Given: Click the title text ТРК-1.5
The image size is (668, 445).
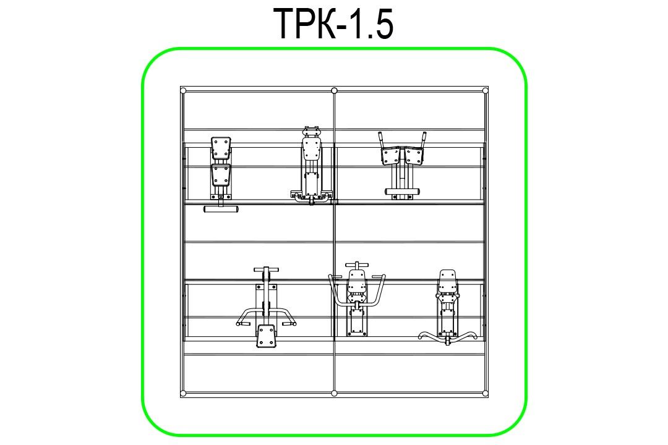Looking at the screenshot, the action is pos(333,24).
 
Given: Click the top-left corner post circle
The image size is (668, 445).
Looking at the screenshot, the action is pos(183,90).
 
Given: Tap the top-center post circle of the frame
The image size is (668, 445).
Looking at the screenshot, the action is pos(334,90).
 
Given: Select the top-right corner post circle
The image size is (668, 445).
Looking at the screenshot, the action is pos(485,90).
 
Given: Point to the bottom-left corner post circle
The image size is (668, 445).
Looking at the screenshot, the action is pos(183,393).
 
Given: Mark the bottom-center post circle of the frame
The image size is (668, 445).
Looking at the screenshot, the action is pos(334,393).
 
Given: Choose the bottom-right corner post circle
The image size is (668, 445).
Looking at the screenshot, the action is pos(485,393).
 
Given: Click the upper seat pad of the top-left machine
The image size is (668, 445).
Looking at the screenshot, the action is pos(221,147).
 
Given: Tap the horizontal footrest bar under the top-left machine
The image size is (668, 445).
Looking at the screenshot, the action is pos(221,209).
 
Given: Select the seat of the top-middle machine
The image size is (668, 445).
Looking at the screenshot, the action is pos(311,148).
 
